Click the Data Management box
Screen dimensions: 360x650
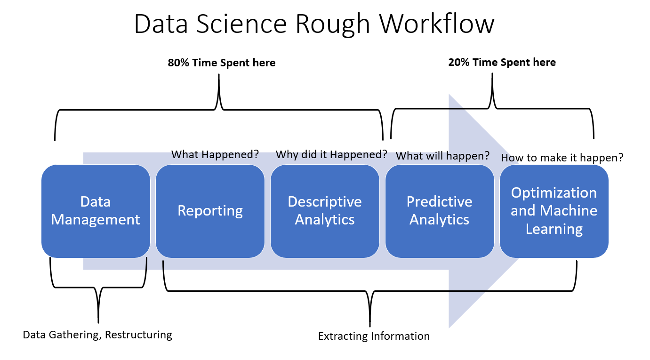(96, 211)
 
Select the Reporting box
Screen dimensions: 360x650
(210, 211)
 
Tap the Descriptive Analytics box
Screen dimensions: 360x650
(325, 211)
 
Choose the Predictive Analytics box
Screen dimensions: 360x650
(439, 211)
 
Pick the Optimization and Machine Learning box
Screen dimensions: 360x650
(554, 211)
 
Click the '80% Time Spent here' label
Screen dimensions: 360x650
(221, 63)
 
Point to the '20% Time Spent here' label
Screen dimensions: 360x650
(502, 62)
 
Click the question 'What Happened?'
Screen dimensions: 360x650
(215, 154)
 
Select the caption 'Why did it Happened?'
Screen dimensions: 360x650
(331, 154)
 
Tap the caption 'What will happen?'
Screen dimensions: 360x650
(442, 156)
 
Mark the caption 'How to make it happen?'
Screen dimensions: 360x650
(562, 158)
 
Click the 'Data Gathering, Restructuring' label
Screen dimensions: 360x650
(97, 335)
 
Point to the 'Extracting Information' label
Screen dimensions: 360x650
(374, 336)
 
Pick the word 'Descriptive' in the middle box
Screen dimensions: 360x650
(325, 202)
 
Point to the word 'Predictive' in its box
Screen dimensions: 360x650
(439, 202)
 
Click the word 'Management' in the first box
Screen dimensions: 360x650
(96, 220)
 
